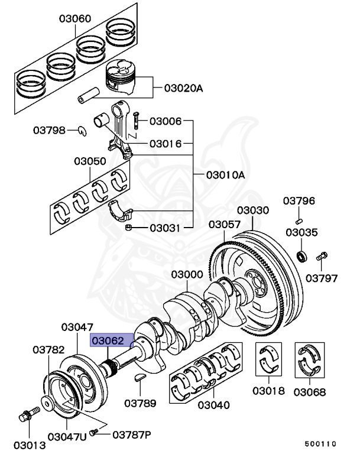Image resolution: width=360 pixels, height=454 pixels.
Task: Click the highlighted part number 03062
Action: pos(106,340)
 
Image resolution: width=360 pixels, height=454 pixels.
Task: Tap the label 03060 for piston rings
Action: pos(74,19)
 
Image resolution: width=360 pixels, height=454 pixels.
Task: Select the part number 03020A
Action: pos(183,89)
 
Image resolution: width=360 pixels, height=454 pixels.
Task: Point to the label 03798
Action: pos(49,130)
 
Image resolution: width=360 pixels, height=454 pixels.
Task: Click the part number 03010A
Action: pos(225,175)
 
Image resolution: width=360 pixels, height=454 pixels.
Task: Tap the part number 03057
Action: pos(224,225)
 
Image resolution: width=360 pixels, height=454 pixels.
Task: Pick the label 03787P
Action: pos(131,434)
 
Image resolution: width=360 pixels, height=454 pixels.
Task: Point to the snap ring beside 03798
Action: pos(83,130)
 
